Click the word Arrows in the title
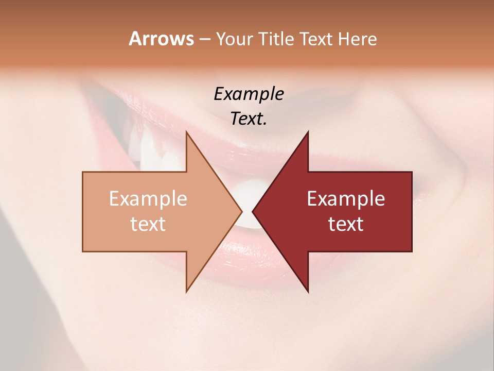[x=161, y=39]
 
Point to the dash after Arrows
[x=204, y=40]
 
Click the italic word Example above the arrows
[x=249, y=94]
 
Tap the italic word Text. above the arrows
[x=249, y=119]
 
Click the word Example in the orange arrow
[x=148, y=199]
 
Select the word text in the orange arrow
[x=148, y=224]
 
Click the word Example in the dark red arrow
[x=346, y=199]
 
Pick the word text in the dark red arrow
[x=346, y=224]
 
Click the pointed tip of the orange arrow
[x=241, y=212]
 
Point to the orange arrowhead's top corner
[x=187, y=132]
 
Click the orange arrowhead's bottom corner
[x=187, y=292]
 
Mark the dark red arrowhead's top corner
[x=308, y=132]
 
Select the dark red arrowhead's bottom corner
[x=308, y=292]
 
